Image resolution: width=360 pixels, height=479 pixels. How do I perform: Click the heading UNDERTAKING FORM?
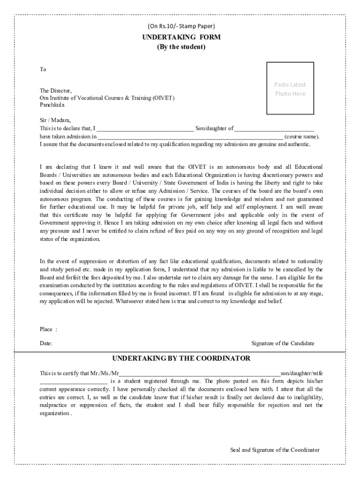click(181, 37)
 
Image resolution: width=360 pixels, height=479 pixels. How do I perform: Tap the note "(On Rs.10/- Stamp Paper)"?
click(181, 26)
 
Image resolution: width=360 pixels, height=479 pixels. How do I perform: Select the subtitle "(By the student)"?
click(181, 47)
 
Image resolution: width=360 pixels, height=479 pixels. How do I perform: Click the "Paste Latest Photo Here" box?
click(290, 88)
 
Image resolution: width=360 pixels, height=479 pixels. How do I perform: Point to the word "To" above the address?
click(43, 69)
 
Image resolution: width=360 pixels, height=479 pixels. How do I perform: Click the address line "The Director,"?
click(56, 90)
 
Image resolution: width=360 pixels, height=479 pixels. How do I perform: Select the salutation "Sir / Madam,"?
click(55, 120)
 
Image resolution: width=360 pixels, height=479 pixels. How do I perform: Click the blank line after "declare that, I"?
click(145, 129)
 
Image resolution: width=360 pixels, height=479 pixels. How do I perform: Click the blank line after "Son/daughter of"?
click(274, 129)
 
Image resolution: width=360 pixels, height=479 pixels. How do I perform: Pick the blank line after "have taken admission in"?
click(190, 137)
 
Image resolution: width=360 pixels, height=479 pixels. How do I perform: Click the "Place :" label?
click(48, 329)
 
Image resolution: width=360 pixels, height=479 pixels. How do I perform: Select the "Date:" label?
click(46, 343)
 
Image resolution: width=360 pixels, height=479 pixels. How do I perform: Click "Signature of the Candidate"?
click(283, 343)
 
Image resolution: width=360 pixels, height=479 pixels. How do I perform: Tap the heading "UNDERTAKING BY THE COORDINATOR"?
click(181, 358)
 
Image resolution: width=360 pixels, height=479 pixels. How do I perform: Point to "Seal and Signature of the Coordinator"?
click(275, 450)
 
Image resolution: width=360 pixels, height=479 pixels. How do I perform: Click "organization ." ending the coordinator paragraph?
click(56, 414)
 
